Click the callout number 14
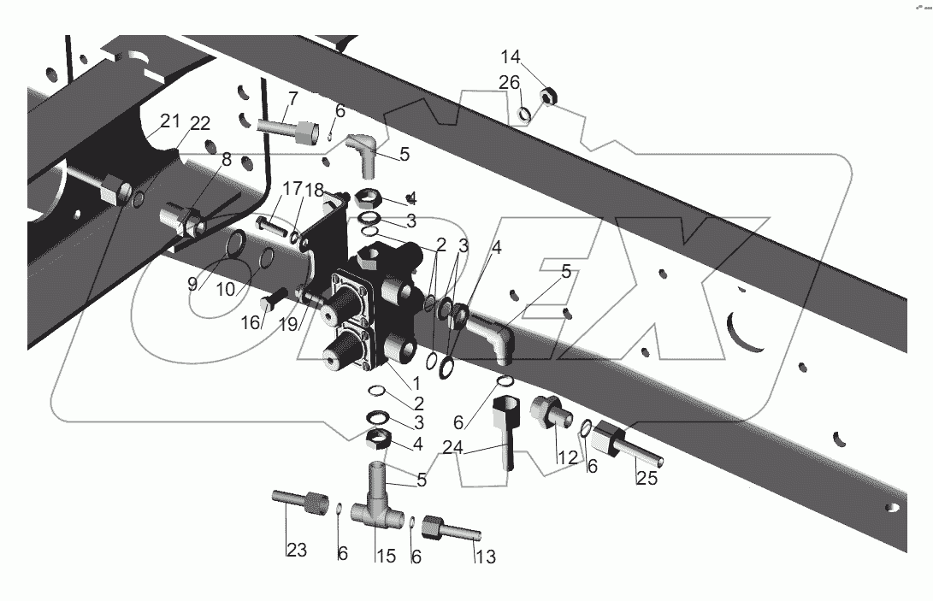coord(511,57)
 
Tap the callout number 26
coord(509,82)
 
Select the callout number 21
coord(171,120)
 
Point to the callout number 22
coord(199,124)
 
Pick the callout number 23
coord(296,551)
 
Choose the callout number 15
coord(385,557)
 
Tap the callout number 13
coord(485,557)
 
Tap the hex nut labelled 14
coord(549,96)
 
